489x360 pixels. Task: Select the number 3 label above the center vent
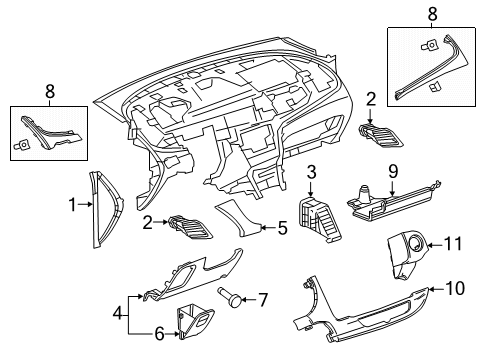[x=311, y=172]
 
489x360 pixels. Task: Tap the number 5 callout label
[x=282, y=228]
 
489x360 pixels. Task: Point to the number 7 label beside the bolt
[x=264, y=299]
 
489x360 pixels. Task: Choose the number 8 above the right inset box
[x=431, y=15]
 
